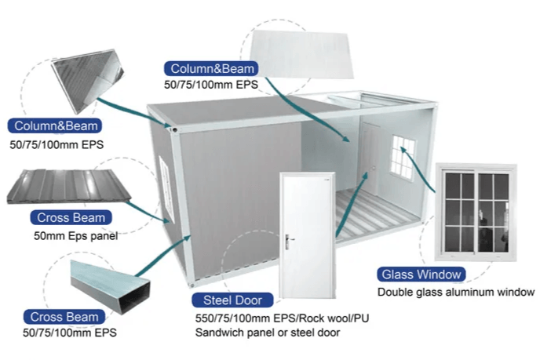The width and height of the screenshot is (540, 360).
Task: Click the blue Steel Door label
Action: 232,300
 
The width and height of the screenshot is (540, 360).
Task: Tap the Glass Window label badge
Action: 421,275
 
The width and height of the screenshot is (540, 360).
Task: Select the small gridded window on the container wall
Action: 403,157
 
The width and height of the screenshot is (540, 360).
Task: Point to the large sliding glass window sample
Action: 476,213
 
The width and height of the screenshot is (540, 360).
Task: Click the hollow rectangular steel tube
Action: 111,287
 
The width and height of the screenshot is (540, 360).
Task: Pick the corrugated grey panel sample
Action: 69,186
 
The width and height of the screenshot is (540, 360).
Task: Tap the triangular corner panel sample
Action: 88,80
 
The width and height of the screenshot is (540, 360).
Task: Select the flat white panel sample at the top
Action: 302,54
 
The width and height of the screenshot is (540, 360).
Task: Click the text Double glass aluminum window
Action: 456,293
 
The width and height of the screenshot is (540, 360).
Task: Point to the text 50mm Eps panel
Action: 76,236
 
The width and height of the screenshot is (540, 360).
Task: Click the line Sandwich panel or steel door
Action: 268,333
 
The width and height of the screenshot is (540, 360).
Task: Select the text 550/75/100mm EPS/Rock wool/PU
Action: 282,318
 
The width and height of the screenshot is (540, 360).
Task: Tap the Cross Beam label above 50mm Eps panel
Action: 71,217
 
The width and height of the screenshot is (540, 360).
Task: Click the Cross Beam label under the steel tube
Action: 64,317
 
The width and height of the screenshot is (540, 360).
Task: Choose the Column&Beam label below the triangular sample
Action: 56,126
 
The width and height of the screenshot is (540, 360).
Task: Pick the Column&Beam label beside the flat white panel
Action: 212,69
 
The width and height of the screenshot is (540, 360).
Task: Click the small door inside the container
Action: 370,155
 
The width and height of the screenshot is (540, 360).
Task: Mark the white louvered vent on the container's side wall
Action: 166,187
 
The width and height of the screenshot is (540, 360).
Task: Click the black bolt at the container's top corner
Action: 174,129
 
